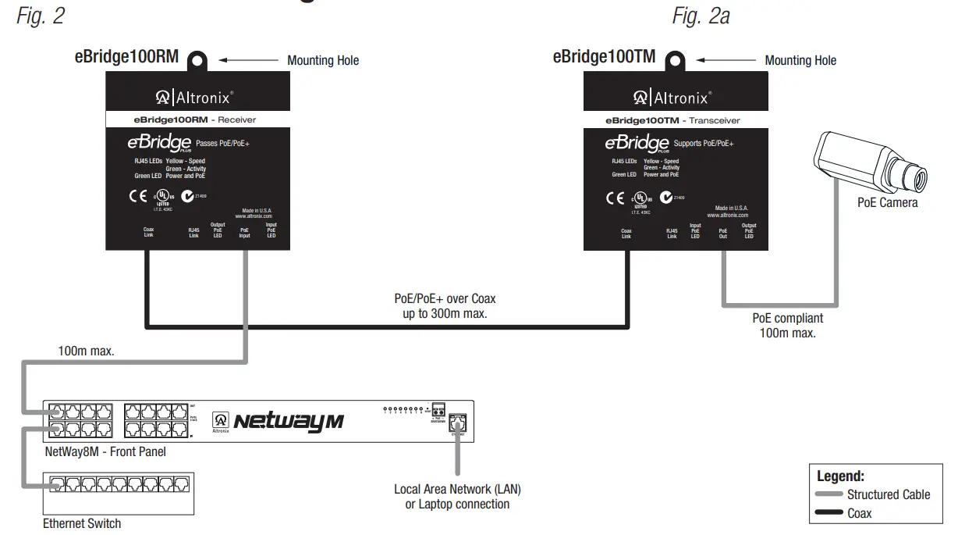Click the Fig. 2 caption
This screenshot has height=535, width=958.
[41, 16]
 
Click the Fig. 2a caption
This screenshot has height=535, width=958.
[701, 16]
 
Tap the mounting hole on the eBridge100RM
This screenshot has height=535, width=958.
[197, 59]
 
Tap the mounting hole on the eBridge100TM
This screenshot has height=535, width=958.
[676, 59]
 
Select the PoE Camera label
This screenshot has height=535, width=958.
[887, 202]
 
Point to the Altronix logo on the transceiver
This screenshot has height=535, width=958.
[672, 98]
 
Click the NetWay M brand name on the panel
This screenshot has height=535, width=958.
[289, 422]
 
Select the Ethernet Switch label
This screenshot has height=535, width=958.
[82, 523]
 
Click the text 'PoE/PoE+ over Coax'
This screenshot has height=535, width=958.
[445, 299]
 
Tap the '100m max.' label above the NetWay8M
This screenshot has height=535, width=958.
[86, 351]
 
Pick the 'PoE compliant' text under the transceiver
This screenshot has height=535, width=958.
[787, 319]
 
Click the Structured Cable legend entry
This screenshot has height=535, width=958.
[888, 494]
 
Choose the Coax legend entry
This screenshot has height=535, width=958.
[859, 513]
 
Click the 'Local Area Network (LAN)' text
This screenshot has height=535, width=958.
[457, 490]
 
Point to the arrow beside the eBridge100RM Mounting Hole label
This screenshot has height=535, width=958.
[248, 59]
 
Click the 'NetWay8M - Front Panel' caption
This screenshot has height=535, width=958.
[105, 451]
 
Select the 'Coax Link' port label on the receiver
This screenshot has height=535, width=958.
[148, 233]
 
